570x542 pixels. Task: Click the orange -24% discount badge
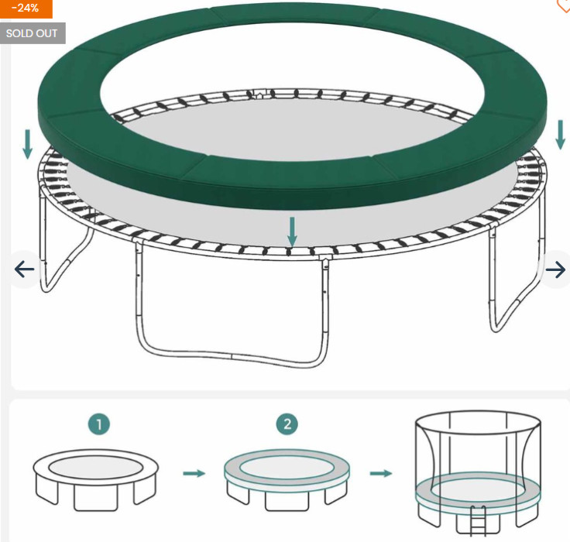tap(26, 9)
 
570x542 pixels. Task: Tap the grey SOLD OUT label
tap(32, 33)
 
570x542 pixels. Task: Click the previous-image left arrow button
tap(24, 269)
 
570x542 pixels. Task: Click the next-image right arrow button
tap(555, 269)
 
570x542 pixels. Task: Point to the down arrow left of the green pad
tap(28, 144)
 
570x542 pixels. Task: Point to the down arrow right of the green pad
tap(561, 135)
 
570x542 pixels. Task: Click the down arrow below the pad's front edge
tap(292, 232)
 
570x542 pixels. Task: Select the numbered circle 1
tap(99, 424)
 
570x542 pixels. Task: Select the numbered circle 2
tap(287, 424)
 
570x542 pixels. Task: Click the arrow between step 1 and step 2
tap(194, 473)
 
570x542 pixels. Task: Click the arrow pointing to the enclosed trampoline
tap(381, 473)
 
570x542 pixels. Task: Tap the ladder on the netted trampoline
tap(478, 520)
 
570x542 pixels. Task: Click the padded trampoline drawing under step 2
tap(287, 480)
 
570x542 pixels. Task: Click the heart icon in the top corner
tap(564, 5)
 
